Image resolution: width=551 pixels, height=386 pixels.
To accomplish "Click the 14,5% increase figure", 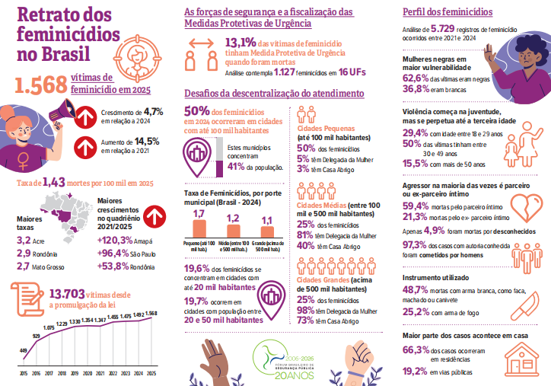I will click(x=147, y=141).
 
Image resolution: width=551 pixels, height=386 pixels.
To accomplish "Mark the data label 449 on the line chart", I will click(x=24, y=351).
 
